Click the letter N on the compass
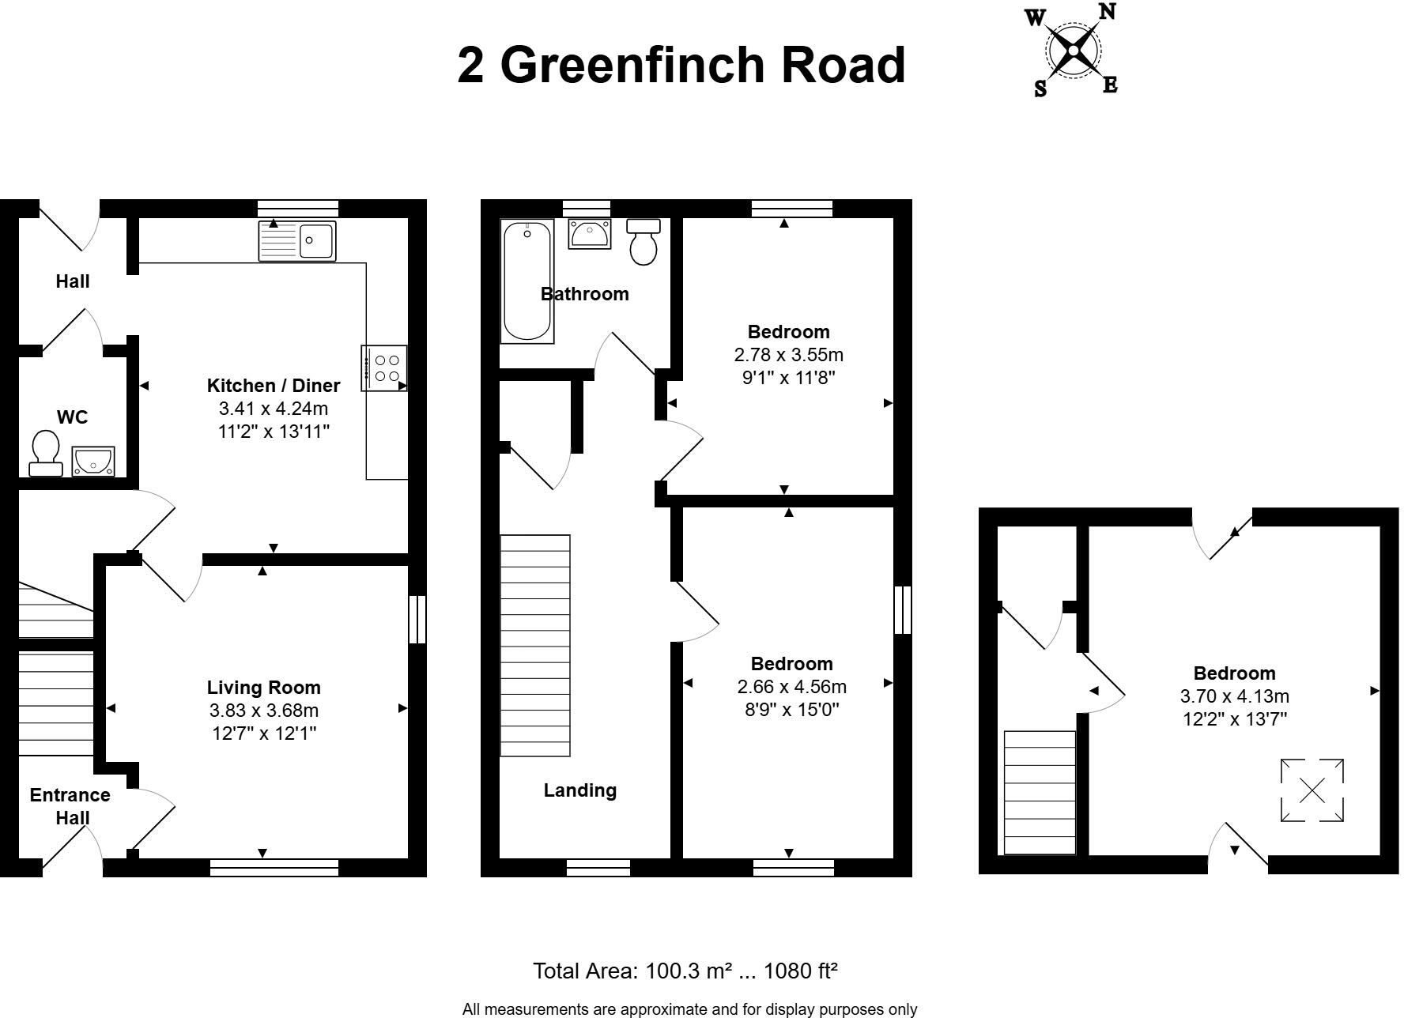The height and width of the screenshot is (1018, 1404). point(1107,11)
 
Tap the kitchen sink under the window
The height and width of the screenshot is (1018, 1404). point(297,240)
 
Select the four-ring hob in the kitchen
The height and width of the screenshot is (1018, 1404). point(385,368)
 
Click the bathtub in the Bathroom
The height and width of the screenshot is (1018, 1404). point(526,281)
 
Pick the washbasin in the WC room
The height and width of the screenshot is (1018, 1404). point(93,461)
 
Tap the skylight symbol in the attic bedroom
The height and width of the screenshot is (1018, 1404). point(1312,790)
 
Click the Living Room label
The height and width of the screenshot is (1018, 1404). point(263,688)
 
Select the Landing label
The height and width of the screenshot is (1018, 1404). point(579,790)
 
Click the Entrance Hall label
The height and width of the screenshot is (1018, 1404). point(70,806)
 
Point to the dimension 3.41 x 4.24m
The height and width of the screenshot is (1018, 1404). point(273,409)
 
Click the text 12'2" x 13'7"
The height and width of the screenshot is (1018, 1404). point(1234,719)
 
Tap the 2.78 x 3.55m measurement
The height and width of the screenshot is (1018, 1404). point(788,355)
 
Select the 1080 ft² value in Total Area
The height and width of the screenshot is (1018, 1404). point(798,971)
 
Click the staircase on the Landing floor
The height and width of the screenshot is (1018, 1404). point(535,645)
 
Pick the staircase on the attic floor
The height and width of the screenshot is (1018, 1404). point(1039,792)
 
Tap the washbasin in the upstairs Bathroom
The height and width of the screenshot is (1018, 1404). point(589,234)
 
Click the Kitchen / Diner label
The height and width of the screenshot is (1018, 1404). point(273,386)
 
